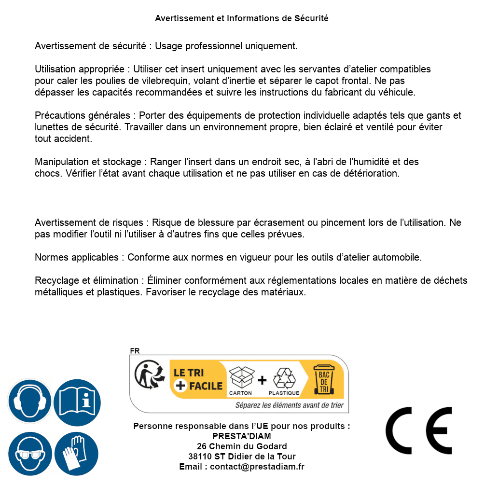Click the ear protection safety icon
(x=30, y=401)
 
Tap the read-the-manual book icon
(x=77, y=401)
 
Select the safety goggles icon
(x=30, y=454)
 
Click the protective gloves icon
(x=77, y=454)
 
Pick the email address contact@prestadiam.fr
(x=257, y=467)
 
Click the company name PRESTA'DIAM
(x=242, y=436)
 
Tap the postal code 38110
(x=200, y=457)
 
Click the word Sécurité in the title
(x=311, y=18)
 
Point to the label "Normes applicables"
(x=76, y=257)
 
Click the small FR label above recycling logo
(x=135, y=351)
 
